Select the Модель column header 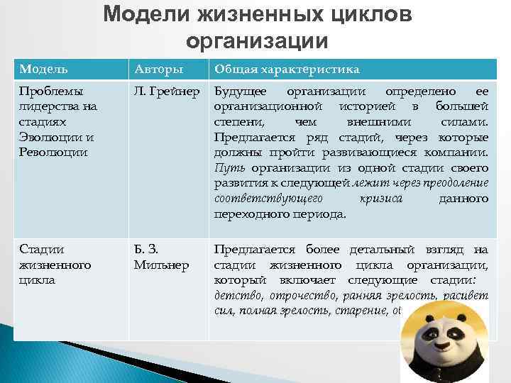tap(44, 69)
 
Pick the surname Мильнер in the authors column tap(161, 265)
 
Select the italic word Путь tap(228, 168)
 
